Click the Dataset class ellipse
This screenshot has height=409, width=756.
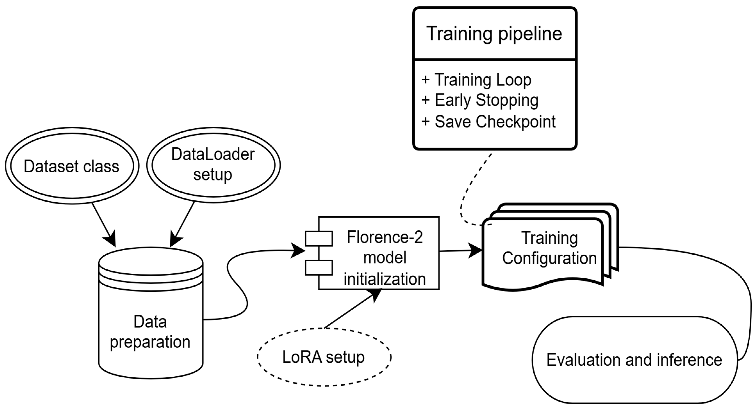[72, 166]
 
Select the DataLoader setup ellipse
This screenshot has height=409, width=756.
[213, 165]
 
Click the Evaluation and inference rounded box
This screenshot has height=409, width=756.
[634, 360]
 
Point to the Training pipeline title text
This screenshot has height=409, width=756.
[494, 34]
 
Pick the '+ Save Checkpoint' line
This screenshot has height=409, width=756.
[489, 122]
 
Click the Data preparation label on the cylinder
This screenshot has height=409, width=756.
[150, 332]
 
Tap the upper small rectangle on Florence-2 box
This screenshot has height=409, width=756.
[319, 238]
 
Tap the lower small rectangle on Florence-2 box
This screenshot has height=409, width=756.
[319, 267]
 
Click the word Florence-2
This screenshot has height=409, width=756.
[385, 237]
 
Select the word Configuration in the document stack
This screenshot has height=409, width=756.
[549, 258]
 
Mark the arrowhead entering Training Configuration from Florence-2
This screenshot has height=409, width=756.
[475, 251]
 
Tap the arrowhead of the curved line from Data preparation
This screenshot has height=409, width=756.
[299, 251]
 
